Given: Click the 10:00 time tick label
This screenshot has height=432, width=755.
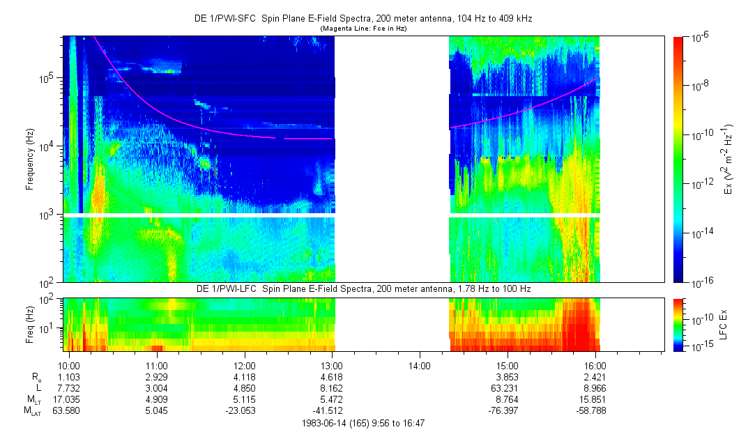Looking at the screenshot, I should point(68,365).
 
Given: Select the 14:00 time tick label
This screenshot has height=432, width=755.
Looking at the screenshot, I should point(420,365).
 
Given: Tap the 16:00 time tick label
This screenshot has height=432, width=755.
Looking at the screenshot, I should point(595,365).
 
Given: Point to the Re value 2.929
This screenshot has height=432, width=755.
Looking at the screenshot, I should point(156,376).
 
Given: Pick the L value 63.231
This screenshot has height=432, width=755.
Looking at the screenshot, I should point(508,388).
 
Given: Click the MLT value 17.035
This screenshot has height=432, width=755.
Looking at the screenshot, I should point(68,399).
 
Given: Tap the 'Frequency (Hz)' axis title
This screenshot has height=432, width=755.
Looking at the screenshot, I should point(29,159).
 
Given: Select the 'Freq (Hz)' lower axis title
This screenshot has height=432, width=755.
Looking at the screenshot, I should point(29,324).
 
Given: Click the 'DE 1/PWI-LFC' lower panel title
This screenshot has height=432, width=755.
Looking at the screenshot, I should point(226,288).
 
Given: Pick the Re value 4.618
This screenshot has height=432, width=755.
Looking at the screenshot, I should point(332,376).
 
